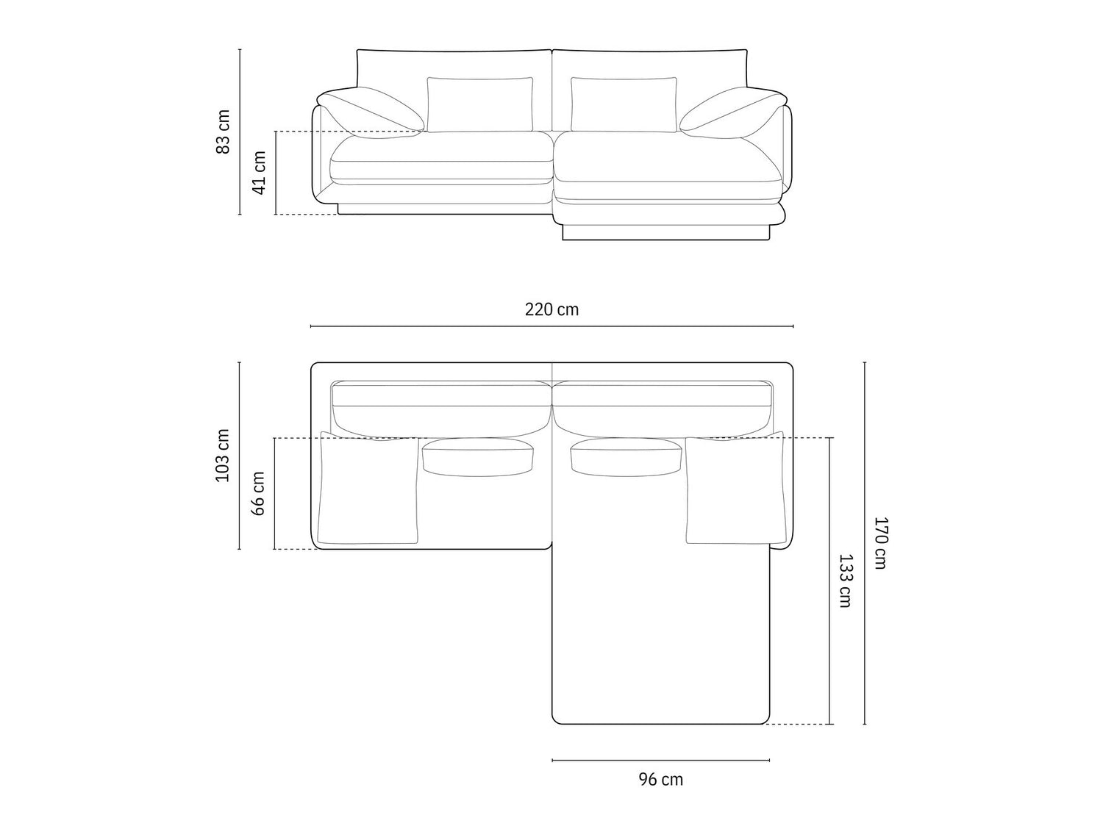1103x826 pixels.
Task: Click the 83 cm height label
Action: pyautogui.click(x=222, y=132)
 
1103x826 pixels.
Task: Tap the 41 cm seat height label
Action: pyautogui.click(x=258, y=172)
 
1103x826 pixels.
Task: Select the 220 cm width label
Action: pyautogui.click(x=551, y=309)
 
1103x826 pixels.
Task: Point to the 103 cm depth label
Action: pyautogui.click(x=222, y=456)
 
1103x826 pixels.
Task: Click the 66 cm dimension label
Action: pyautogui.click(x=258, y=493)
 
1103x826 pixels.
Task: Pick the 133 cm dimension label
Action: pyautogui.click(x=845, y=581)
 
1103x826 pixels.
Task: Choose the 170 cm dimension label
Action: pyautogui.click(x=880, y=543)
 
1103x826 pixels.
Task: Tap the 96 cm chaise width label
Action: pyautogui.click(x=661, y=779)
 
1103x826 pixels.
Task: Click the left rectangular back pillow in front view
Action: pyautogui.click(x=480, y=104)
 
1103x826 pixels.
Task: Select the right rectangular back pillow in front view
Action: pyautogui.click(x=624, y=104)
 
